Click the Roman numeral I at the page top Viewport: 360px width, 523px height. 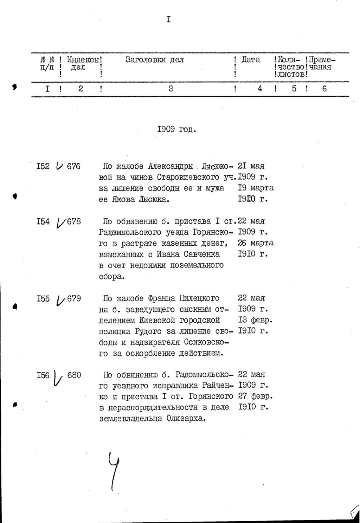169,20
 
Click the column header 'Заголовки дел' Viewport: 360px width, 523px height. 155,60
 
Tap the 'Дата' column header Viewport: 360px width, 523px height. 251,60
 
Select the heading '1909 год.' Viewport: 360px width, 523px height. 176,129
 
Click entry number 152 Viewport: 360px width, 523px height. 43,166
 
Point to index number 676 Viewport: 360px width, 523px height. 73,166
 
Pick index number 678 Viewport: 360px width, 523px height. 74,221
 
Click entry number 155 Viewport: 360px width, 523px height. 43,299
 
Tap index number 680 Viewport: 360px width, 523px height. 74,375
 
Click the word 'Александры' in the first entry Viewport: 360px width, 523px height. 171,166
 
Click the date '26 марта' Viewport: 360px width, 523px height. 256,243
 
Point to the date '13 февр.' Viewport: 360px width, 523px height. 256,320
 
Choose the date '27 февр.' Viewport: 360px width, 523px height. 256,396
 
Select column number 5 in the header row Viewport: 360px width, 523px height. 294,89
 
